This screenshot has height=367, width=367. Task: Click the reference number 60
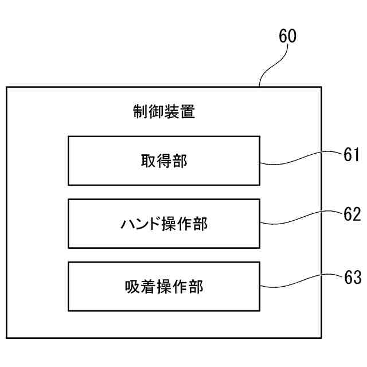(x=288, y=36)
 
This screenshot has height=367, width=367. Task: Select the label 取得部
(x=163, y=161)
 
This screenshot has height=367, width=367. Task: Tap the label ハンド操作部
(x=163, y=224)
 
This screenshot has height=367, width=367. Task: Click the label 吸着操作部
(x=163, y=286)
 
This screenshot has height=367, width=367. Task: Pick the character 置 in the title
(x=187, y=111)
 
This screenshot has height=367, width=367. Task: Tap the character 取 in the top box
(x=148, y=161)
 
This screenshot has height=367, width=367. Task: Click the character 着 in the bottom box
(x=148, y=286)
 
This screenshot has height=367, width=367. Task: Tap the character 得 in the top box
(x=163, y=161)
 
